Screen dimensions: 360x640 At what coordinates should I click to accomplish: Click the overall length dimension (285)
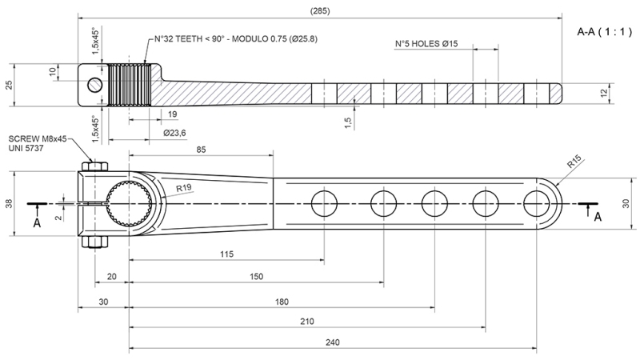point(319,10)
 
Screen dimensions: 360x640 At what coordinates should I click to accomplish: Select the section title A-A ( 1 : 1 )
point(604,33)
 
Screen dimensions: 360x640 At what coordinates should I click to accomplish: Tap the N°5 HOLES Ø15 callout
point(426,44)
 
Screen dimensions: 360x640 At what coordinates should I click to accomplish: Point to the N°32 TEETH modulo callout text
point(237,39)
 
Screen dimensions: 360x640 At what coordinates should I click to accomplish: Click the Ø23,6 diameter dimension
point(174,133)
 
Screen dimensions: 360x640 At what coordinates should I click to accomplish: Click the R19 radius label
point(184,190)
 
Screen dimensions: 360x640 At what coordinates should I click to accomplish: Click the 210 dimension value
point(306,321)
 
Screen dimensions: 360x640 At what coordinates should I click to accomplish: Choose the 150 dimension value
point(256,277)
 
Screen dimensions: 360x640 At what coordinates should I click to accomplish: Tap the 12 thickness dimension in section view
point(626,93)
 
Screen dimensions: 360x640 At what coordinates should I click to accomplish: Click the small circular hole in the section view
point(95,85)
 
